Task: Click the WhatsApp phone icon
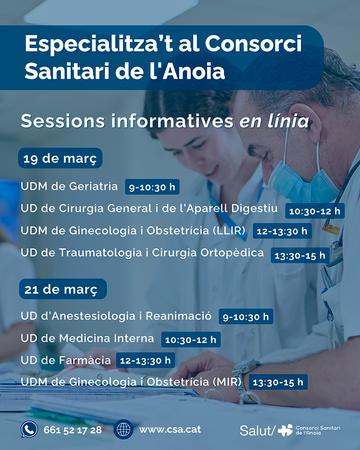(29, 429)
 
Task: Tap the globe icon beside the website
(123, 429)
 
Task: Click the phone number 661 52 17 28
(72, 430)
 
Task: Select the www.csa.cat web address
(170, 429)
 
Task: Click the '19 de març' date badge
(60, 158)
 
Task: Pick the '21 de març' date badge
(63, 289)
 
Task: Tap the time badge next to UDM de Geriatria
(152, 187)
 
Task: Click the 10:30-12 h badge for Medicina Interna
(191, 340)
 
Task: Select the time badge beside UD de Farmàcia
(145, 360)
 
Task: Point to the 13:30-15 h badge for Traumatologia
(300, 255)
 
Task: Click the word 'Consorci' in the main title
(253, 44)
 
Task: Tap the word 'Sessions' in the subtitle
(63, 121)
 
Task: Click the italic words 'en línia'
(274, 121)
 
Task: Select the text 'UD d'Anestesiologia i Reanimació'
(116, 316)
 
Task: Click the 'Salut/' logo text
(257, 430)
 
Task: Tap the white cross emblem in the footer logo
(285, 430)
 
